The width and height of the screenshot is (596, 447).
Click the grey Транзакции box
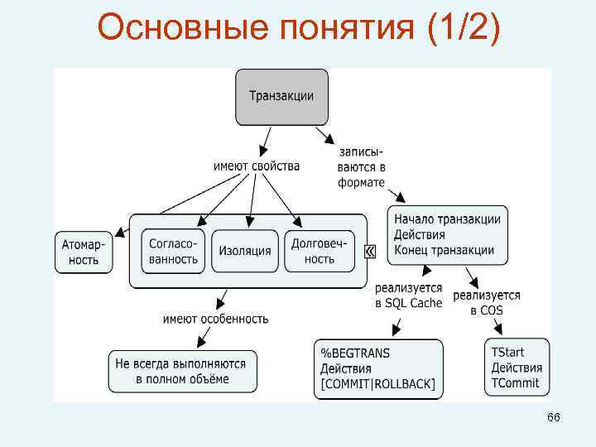[x=281, y=97]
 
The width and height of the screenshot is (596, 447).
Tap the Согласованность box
[x=174, y=251]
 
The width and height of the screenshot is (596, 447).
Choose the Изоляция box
[x=245, y=251]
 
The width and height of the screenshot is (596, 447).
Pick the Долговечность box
[x=319, y=251]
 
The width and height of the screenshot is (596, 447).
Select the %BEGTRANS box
[x=377, y=368]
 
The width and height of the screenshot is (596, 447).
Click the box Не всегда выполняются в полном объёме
[x=183, y=371]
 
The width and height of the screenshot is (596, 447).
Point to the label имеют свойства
[x=257, y=166]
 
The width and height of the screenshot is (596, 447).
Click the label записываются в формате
[x=362, y=167]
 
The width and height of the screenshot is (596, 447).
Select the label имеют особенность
[x=216, y=318]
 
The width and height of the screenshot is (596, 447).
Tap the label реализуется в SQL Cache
[x=408, y=296]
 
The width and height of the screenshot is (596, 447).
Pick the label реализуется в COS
[x=487, y=302]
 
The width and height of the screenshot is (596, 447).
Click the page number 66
[x=553, y=418]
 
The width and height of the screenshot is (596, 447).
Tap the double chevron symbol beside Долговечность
[x=369, y=251]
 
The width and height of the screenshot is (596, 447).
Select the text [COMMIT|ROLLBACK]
[x=377, y=383]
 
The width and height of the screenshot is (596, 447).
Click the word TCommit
[x=515, y=382]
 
